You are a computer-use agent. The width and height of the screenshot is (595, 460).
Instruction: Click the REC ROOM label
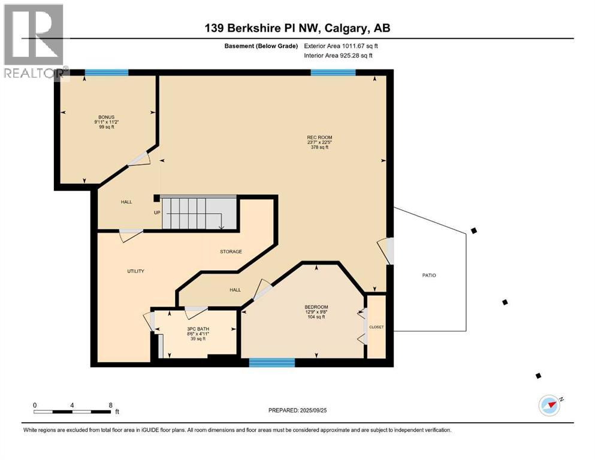tap(319, 138)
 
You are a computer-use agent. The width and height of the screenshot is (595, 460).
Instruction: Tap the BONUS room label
tap(106, 117)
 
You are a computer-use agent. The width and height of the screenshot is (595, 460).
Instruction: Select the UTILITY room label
tap(135, 271)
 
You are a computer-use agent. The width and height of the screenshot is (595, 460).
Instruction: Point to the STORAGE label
tap(231, 252)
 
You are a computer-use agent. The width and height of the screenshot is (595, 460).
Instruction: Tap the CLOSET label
tap(376, 327)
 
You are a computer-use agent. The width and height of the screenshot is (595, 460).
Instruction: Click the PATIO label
tap(428, 276)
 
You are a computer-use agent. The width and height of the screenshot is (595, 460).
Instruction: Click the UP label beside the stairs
tap(156, 212)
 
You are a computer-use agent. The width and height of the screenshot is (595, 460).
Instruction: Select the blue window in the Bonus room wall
tap(107, 72)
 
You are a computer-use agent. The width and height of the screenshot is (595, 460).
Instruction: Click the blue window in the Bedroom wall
tap(272, 362)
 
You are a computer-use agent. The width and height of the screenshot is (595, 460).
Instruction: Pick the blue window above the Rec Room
tap(333, 72)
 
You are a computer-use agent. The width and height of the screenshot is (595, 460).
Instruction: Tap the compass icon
tap(549, 405)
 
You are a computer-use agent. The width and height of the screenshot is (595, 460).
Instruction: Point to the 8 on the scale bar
tap(110, 405)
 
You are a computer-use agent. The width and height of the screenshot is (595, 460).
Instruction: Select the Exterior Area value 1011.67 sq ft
tap(354, 46)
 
